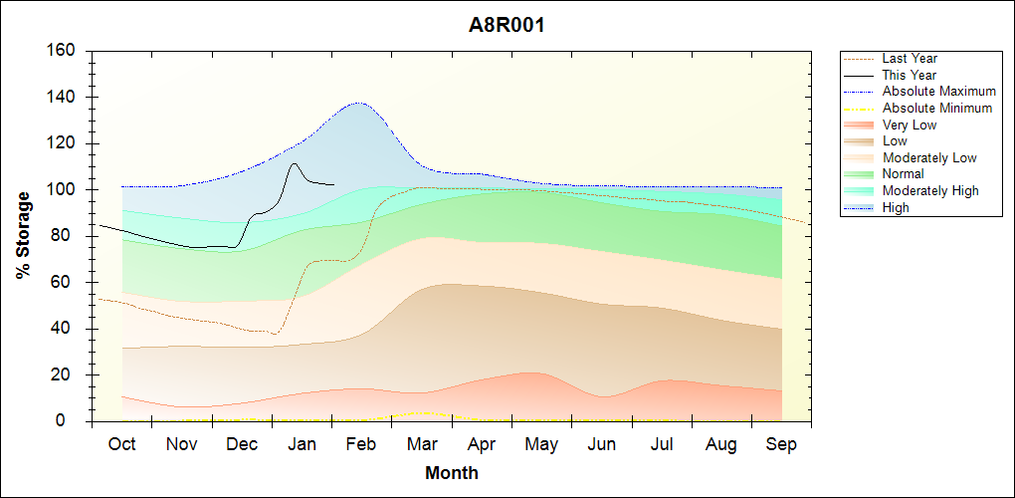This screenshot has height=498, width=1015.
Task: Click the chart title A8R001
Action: (507, 26)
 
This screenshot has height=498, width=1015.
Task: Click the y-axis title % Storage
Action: (23, 241)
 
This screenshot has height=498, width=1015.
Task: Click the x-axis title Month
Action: (452, 473)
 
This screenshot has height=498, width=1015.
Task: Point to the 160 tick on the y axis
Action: (61, 51)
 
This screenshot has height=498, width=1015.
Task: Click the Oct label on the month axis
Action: (121, 444)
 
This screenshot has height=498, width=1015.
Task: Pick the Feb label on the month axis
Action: (361, 444)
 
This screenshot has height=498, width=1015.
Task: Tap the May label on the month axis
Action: (541, 444)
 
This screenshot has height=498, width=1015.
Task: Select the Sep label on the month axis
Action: (781, 444)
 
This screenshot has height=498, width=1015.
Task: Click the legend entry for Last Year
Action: (910, 59)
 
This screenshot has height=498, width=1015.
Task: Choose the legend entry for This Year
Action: (910, 75)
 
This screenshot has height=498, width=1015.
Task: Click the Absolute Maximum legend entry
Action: (938, 92)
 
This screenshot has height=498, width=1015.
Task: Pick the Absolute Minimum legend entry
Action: (937, 108)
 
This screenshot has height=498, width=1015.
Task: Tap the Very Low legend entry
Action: (910, 124)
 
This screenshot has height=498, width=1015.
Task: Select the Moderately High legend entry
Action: (930, 190)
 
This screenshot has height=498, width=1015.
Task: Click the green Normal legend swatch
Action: (859, 174)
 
